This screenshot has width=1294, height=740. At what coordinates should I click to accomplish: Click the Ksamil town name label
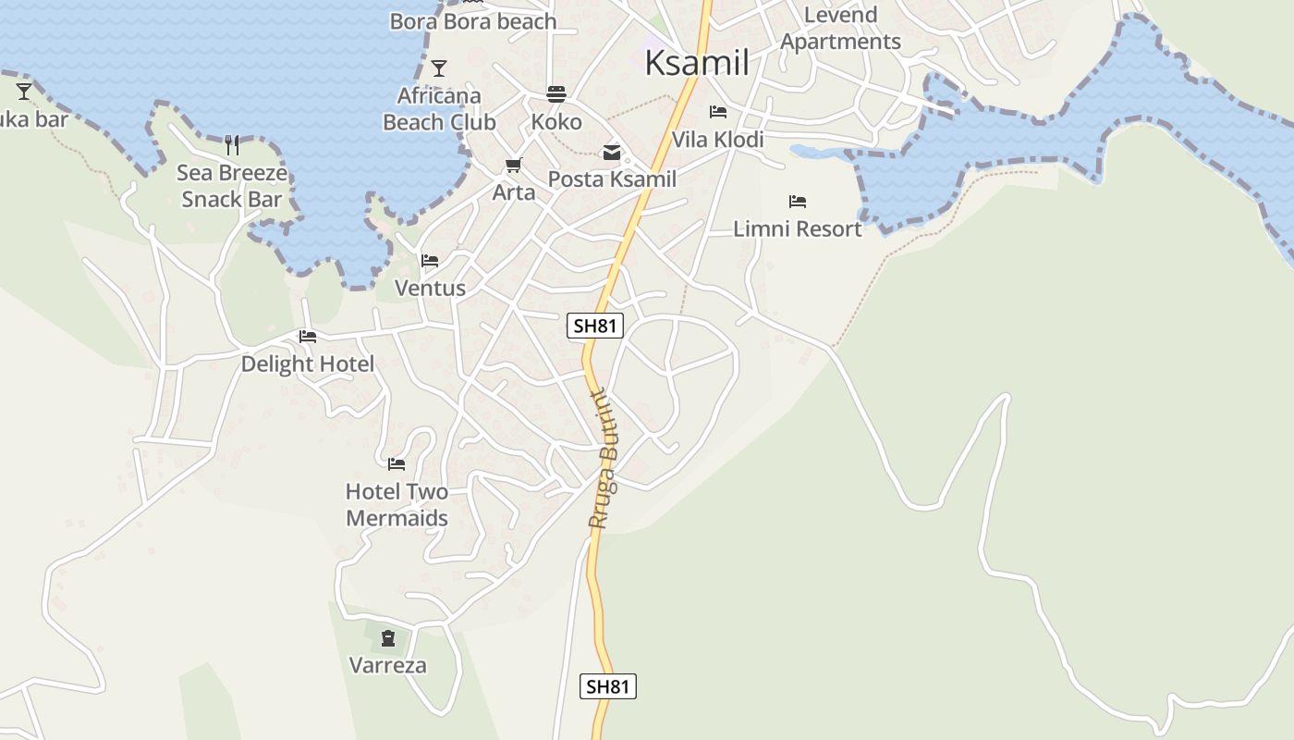click(x=696, y=63)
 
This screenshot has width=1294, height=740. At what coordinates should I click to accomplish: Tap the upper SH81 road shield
click(x=595, y=326)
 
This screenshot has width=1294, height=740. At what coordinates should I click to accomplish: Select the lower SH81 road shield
click(x=608, y=686)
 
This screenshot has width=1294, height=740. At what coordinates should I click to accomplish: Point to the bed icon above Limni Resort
click(x=798, y=201)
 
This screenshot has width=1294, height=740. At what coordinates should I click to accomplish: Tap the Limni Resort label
click(x=797, y=228)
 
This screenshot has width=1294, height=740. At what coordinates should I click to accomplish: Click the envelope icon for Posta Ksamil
click(x=612, y=153)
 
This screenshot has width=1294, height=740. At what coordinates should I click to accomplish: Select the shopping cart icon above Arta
click(x=514, y=166)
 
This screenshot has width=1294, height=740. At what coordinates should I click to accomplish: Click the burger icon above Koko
click(x=556, y=93)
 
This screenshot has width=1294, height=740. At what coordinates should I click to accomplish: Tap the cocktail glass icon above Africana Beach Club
click(x=439, y=68)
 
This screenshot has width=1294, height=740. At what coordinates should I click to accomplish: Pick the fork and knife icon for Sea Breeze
click(x=232, y=144)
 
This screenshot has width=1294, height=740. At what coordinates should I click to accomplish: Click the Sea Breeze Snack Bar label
click(x=231, y=186)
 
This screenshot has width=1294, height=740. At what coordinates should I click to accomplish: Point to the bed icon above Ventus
click(x=430, y=261)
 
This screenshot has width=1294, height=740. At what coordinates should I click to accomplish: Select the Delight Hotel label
click(x=308, y=364)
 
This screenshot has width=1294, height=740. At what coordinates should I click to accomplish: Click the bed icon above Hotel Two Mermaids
click(x=397, y=463)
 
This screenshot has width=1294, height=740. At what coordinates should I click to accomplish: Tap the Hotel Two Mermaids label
click(x=397, y=505)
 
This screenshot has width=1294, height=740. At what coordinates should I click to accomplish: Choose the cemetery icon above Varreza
click(x=387, y=637)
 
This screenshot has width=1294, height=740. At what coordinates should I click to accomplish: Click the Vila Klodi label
click(x=717, y=140)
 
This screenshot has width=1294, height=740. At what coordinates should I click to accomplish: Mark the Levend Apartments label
click(x=840, y=29)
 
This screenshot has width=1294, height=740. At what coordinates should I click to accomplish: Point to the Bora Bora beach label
click(x=473, y=21)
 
